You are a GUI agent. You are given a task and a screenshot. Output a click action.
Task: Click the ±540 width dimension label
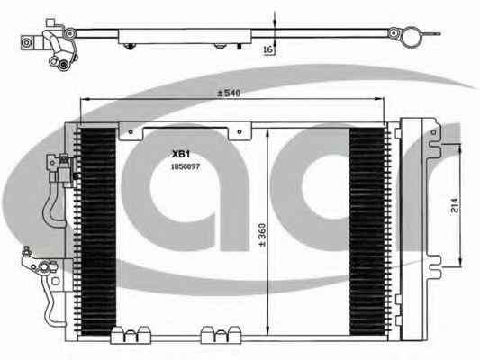coord(229,93)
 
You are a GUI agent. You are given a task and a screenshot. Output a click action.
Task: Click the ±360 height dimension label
coord(262,235)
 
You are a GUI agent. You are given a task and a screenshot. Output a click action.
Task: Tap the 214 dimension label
coord(455,205)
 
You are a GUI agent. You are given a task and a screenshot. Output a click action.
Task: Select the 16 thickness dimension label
coord(268,49)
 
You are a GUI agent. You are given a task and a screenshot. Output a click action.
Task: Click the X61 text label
coord(181,154)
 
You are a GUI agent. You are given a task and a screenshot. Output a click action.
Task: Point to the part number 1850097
coord(186,166)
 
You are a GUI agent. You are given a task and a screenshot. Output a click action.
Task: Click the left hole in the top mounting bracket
coord(131,131)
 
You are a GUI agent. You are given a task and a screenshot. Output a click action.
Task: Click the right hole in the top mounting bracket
coord(240,131)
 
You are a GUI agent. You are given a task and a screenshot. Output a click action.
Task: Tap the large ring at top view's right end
coord(410,37)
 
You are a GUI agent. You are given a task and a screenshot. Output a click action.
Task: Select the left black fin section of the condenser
coord(97,230)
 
